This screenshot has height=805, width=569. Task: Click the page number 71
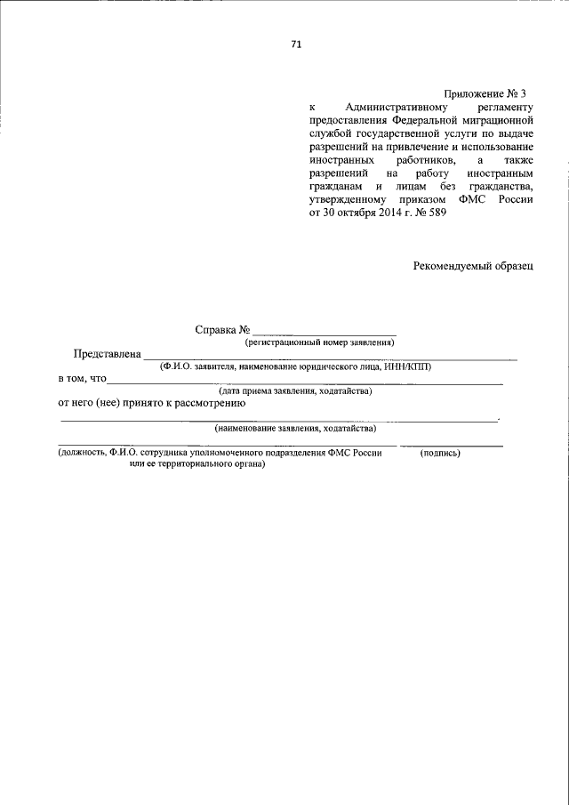pos(296,46)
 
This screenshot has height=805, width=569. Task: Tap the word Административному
pos(394,106)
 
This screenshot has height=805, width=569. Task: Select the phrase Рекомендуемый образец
pos(473,266)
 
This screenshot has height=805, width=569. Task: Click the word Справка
pos(215,330)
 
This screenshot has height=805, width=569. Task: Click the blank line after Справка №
pos(325,334)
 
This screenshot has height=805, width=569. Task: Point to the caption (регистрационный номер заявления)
pos(319,342)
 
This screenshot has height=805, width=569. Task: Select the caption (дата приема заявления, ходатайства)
pos(295,391)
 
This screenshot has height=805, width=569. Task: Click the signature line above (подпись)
pos(451,444)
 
